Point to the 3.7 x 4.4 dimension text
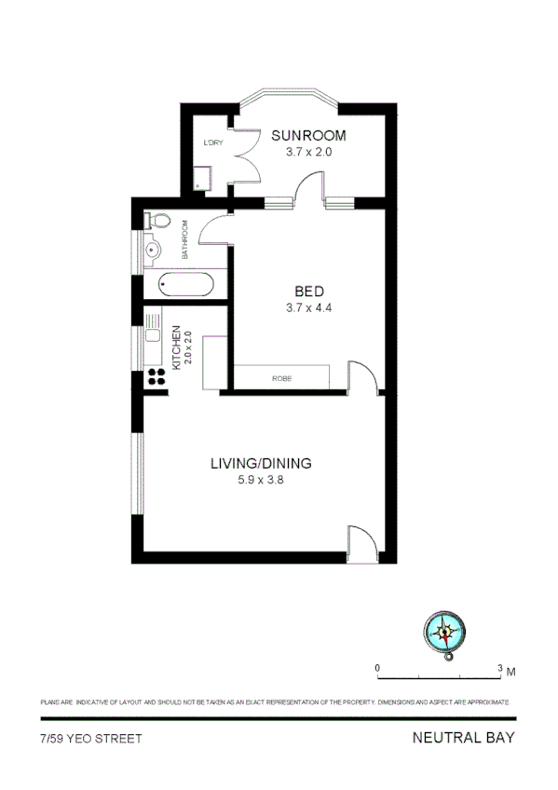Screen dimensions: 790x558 [308, 308]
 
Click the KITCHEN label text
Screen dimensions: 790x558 [175, 346]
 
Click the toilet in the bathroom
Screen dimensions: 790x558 [157, 221]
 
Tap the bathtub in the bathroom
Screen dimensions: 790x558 [185, 283]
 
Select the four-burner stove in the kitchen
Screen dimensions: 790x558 [157, 378]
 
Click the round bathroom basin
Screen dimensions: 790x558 [155, 250]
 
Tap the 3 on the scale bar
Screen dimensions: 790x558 [500, 668]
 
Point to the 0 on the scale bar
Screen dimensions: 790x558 [377, 668]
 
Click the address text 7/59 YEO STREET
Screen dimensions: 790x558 [90, 739]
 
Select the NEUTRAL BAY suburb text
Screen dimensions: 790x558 [463, 738]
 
